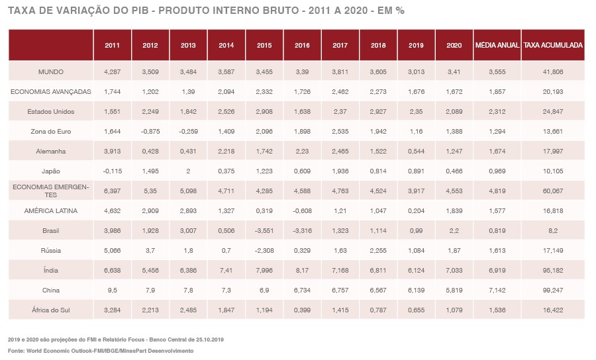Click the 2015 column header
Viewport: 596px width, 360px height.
264,46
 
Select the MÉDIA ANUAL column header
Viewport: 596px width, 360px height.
497,46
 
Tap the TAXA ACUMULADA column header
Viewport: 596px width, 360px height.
553,46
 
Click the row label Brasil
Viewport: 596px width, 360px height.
51,230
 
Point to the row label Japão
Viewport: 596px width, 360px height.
51,171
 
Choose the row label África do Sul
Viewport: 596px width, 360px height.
51,310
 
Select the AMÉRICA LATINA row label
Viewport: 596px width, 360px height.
51,210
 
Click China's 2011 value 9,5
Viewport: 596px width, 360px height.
112,290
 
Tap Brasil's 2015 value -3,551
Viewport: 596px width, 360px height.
264,230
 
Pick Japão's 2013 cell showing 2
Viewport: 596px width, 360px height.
188,171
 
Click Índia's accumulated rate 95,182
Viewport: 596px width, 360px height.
553,270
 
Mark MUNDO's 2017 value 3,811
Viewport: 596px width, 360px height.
340,71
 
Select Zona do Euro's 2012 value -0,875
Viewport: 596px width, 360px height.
150,131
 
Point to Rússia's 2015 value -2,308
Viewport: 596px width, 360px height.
264,250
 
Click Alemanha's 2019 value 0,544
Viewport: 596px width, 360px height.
417,151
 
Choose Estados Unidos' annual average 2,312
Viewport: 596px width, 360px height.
497,111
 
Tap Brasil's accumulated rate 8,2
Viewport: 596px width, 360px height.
553,230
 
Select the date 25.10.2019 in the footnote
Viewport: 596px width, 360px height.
209,339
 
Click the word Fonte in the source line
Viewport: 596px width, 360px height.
16,350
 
